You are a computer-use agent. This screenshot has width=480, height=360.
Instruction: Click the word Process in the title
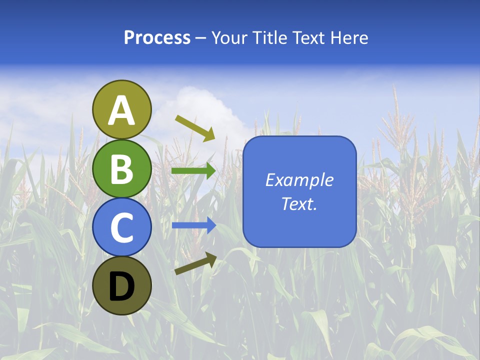(x=157, y=38)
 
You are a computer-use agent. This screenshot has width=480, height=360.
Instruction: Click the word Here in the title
(x=349, y=38)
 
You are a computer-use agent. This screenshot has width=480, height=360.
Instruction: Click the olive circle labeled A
(x=122, y=109)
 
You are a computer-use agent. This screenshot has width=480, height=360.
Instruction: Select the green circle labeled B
(x=122, y=168)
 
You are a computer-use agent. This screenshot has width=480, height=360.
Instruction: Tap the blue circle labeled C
(x=122, y=227)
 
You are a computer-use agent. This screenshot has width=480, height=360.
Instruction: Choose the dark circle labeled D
(x=122, y=285)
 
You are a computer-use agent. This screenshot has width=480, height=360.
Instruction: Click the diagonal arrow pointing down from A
(x=194, y=128)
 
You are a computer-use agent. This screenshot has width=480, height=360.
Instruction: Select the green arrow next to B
(x=193, y=171)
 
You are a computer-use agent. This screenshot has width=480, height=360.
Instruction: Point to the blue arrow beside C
(x=193, y=225)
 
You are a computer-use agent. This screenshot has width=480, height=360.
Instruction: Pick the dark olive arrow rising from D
(x=195, y=263)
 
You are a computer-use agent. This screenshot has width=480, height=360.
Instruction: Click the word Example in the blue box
(x=299, y=180)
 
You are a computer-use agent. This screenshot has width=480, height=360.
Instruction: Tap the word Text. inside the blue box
(x=299, y=203)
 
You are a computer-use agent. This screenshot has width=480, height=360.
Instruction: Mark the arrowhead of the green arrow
(x=211, y=171)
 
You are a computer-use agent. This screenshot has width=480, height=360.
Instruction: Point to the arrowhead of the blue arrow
(x=211, y=225)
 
